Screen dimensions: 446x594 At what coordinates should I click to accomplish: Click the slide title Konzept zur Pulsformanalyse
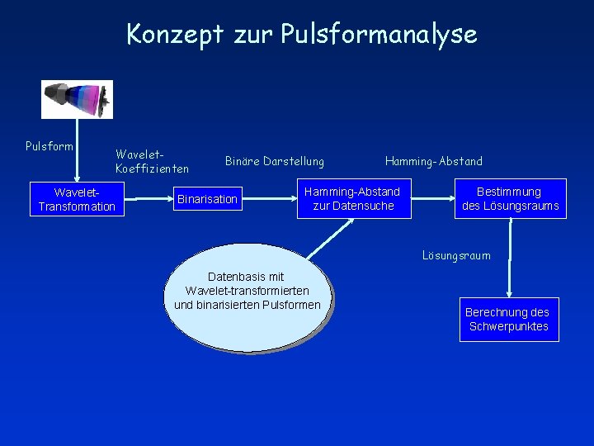[x=301, y=34]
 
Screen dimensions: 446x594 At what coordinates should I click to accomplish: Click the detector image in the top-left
[x=77, y=99]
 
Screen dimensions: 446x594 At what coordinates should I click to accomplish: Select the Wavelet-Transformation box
[x=77, y=199]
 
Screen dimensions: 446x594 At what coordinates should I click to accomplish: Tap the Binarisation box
[x=207, y=199]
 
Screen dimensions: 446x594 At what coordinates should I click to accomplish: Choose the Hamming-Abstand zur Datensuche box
[x=352, y=199]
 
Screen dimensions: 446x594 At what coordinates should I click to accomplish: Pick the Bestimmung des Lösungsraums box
[x=511, y=199]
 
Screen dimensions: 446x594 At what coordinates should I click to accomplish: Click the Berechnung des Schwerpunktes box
[x=508, y=319]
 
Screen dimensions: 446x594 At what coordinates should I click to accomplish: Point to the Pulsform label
[x=49, y=147]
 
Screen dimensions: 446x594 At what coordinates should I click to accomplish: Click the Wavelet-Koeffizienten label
[x=153, y=162]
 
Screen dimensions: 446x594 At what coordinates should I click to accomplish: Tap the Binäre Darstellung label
[x=275, y=161]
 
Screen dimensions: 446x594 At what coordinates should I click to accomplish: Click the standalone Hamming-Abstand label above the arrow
[x=434, y=161]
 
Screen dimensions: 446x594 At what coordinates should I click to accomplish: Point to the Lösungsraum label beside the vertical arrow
[x=456, y=255]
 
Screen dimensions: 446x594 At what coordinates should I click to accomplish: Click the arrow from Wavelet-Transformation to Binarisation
[x=148, y=199]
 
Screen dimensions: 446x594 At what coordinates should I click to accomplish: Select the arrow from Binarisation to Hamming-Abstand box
[x=271, y=199]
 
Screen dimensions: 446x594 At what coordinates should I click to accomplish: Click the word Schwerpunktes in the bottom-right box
[x=508, y=326]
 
